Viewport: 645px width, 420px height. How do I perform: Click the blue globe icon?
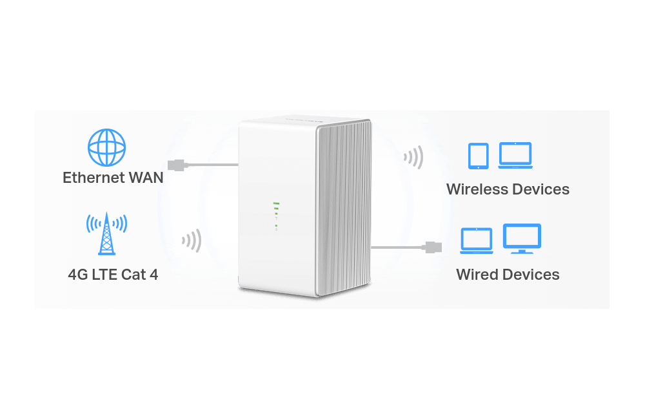click(106, 147)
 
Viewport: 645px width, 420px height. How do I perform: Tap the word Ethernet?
click(94, 178)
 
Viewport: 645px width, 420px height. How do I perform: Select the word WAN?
click(146, 178)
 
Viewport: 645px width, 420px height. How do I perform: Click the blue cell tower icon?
click(106, 233)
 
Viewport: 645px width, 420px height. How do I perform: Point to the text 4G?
click(77, 275)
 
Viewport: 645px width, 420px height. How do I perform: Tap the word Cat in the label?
click(134, 275)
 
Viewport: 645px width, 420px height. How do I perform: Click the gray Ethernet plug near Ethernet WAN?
click(177, 165)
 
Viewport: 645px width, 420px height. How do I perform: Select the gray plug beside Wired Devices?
click(432, 247)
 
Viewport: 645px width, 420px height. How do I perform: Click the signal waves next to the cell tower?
click(192, 240)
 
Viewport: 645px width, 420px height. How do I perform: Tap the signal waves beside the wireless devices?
click(413, 157)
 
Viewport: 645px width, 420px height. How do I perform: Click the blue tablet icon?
click(479, 156)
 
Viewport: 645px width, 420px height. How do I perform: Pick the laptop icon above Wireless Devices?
click(515, 155)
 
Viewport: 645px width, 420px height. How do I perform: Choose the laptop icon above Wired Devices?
click(477, 241)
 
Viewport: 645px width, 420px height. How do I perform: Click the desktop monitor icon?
click(522, 238)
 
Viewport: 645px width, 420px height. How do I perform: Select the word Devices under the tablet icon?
click(541, 189)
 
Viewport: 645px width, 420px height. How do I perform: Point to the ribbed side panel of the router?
click(344, 208)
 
